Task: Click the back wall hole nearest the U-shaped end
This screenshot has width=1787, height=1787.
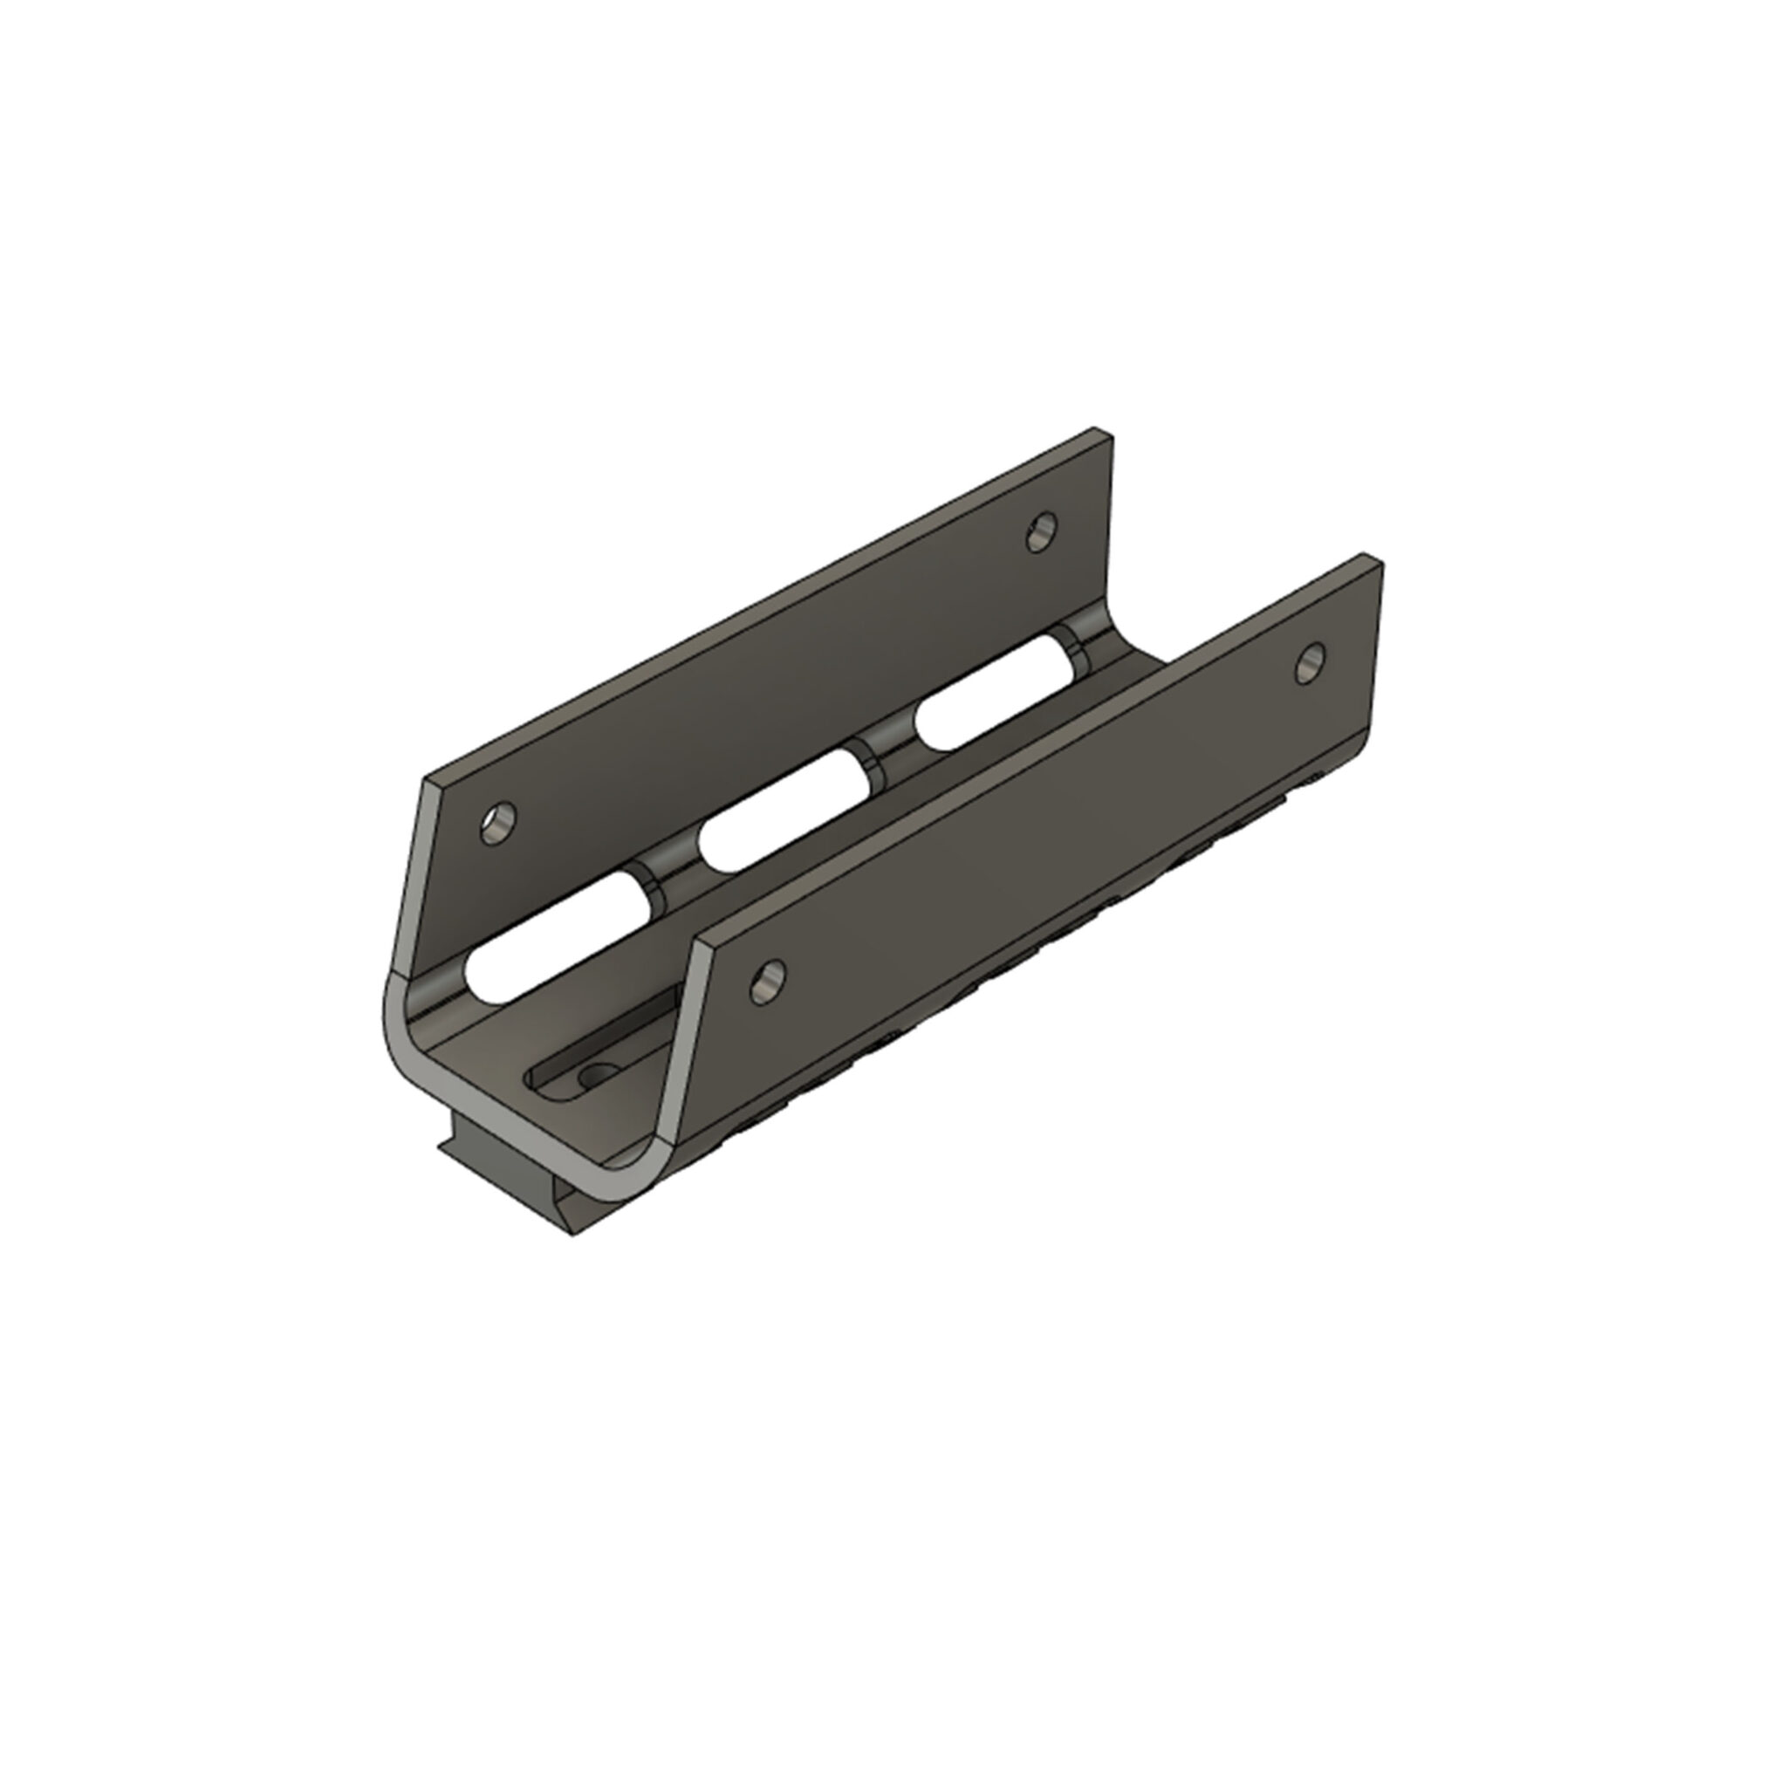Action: [x=499, y=822]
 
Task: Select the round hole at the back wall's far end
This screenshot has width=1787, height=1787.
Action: [x=1044, y=532]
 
